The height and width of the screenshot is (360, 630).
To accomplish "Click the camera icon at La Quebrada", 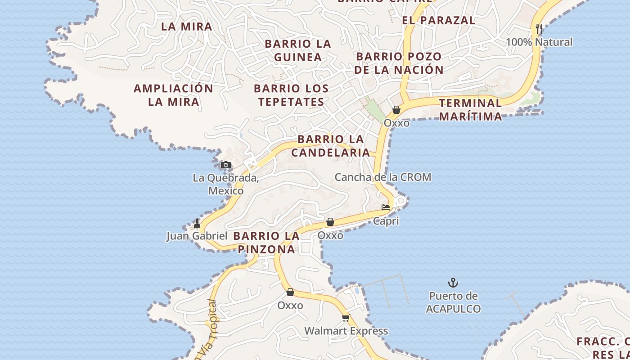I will (226, 165).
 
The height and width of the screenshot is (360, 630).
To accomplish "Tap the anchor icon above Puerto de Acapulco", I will (453, 283).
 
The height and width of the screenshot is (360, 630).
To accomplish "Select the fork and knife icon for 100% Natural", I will (539, 29).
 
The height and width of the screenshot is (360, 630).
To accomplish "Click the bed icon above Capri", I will (386, 207).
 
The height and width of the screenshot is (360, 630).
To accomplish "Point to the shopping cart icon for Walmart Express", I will (346, 318).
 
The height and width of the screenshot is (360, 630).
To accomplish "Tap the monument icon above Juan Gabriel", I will (197, 223).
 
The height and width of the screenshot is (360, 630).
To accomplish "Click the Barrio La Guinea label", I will (298, 50).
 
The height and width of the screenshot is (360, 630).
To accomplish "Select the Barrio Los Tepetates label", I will (291, 95).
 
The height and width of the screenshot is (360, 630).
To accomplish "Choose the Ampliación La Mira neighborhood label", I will (173, 95).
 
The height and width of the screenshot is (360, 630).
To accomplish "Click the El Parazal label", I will (438, 20).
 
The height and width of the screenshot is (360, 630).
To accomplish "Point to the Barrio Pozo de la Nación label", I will (399, 63).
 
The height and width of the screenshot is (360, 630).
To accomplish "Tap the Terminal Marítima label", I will (470, 109).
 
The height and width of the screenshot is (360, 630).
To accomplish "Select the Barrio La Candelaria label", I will (331, 146).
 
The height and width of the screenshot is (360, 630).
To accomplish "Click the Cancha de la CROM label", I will (383, 177).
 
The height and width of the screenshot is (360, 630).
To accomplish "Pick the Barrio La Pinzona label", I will (266, 243).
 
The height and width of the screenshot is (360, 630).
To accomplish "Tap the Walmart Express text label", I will (346, 331).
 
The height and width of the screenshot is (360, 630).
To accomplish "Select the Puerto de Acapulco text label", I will (453, 302).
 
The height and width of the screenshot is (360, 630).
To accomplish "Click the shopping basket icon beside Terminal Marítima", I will (396, 109).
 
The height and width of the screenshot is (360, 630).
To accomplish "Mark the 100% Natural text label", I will (539, 42).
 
